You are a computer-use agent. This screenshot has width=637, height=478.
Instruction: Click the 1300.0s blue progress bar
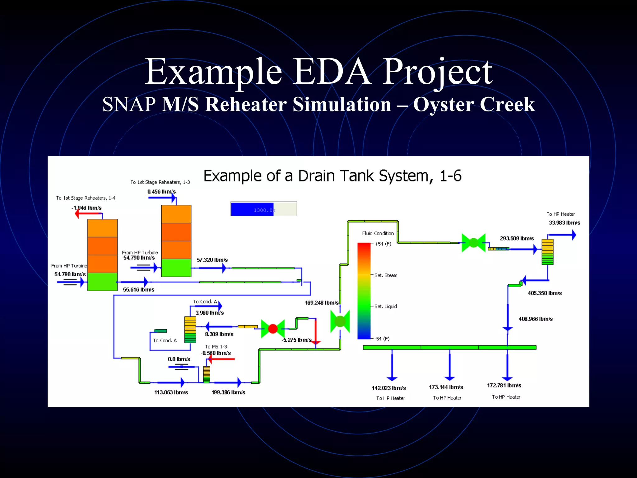pos(263,209)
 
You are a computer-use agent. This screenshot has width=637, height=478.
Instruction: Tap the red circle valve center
pos(273,329)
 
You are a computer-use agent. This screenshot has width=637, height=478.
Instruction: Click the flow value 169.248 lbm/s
pos(322,302)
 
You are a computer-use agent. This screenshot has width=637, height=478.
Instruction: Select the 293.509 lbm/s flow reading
pos(517,238)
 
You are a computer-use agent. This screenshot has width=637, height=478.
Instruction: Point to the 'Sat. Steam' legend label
pos(386,275)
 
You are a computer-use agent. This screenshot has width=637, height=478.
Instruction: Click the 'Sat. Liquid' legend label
pos(385,307)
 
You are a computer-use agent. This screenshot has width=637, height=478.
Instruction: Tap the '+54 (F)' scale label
pos(383,244)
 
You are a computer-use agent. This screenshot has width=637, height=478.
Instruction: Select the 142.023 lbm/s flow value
pos(389,388)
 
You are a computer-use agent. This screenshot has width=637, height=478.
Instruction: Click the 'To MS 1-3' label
pos(216,347)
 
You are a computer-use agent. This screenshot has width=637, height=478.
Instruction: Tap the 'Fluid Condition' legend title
pos(378,233)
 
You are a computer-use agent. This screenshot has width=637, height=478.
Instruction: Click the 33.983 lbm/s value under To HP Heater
pos(564,223)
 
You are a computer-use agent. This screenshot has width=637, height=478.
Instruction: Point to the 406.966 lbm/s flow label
pos(535,319)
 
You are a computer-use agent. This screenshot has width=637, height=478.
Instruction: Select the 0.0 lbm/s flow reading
pos(179,359)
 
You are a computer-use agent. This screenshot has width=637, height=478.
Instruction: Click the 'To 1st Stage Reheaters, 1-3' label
pos(160,182)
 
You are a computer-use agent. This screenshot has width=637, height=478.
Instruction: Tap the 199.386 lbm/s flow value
pos(228,392)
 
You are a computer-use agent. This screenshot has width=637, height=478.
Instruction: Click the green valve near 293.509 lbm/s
pos(473,243)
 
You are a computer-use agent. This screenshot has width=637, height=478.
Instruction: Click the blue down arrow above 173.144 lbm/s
pos(449,366)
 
